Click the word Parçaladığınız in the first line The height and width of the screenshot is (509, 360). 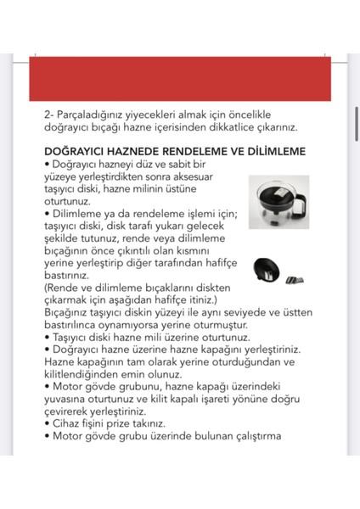click(94, 114)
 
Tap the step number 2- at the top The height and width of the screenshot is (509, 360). click(48, 114)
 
